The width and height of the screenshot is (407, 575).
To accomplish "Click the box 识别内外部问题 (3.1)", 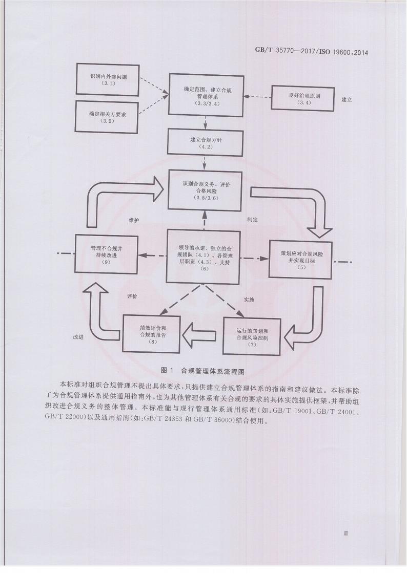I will click(x=107, y=80).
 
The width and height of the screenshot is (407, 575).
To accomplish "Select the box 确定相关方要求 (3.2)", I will click(x=106, y=117).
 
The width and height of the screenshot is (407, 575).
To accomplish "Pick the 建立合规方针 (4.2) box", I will click(x=205, y=142).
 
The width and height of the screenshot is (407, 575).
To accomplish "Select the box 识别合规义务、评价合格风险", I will click(x=205, y=190).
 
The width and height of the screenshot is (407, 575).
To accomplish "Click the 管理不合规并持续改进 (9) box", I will click(x=107, y=253).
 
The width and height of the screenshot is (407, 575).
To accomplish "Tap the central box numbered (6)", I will click(x=205, y=258).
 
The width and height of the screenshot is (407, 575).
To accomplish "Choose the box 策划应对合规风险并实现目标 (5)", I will click(x=300, y=259).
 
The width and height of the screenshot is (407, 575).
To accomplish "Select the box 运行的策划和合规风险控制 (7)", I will click(x=252, y=335).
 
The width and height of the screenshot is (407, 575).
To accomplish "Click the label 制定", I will click(x=252, y=219).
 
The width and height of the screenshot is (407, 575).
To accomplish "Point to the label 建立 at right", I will click(x=347, y=100).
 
